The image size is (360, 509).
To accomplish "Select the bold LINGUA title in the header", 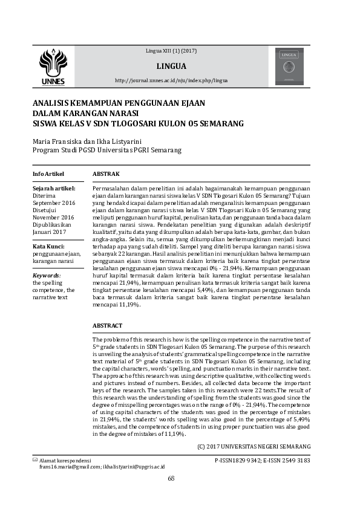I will pos(171,66).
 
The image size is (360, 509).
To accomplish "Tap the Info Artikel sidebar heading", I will pos(48,174).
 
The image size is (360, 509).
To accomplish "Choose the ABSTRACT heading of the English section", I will pos(108,325).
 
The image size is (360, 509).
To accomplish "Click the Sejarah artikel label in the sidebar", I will pos(53,189).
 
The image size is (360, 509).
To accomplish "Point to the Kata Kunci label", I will pos(49,247).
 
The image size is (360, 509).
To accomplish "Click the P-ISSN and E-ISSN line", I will pos(263,461).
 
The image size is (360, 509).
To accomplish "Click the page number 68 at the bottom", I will pos(171,479).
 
